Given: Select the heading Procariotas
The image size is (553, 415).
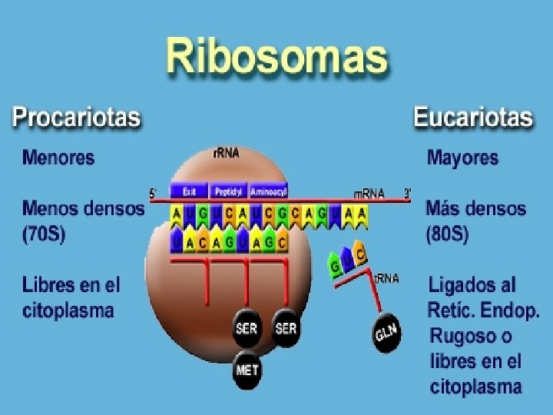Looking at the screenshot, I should click(77, 118).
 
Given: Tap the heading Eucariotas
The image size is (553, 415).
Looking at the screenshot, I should click(472, 118).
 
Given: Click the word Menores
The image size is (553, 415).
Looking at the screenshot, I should click(58, 158).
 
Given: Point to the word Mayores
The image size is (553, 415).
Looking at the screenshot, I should click(462, 158).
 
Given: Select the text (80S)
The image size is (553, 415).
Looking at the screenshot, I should click(447, 234).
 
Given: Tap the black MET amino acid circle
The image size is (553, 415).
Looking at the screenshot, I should click(247, 370).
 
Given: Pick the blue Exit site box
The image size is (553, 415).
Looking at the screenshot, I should click(189, 191).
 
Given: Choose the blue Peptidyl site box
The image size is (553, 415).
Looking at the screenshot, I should click(229, 191).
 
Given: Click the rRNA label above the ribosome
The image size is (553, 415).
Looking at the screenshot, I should click(226, 153).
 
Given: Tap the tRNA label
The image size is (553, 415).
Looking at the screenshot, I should click(387, 278).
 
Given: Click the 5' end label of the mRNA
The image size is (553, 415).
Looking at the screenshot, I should click(153, 194).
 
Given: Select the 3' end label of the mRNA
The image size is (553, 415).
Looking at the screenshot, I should click(409, 193).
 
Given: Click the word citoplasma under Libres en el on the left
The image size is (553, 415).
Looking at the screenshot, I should click(68, 310).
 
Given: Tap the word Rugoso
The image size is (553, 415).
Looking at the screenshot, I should click(462, 336).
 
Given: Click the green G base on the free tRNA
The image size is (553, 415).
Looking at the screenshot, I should click(336, 267).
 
